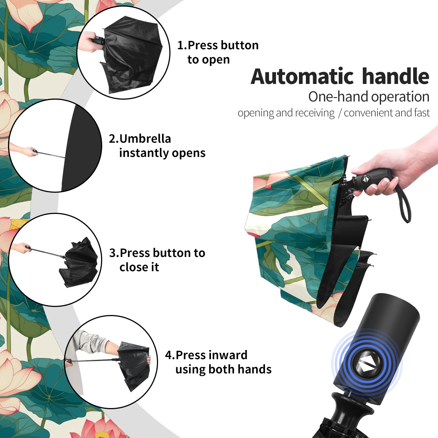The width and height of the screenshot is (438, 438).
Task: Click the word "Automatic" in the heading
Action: [x=302, y=76]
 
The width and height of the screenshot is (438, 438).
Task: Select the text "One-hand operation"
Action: [x=369, y=97]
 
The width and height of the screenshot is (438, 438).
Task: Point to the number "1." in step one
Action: [x=182, y=45]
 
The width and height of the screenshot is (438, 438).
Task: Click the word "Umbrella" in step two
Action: [x=145, y=139]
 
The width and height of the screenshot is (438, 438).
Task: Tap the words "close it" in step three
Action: [x=139, y=267]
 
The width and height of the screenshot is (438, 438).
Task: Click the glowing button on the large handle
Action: [x=366, y=365]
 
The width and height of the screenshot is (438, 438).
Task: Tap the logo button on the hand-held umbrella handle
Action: [x=366, y=179]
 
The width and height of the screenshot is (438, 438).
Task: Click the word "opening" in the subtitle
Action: [x=255, y=113]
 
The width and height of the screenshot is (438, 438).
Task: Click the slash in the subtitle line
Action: [x=339, y=113]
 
